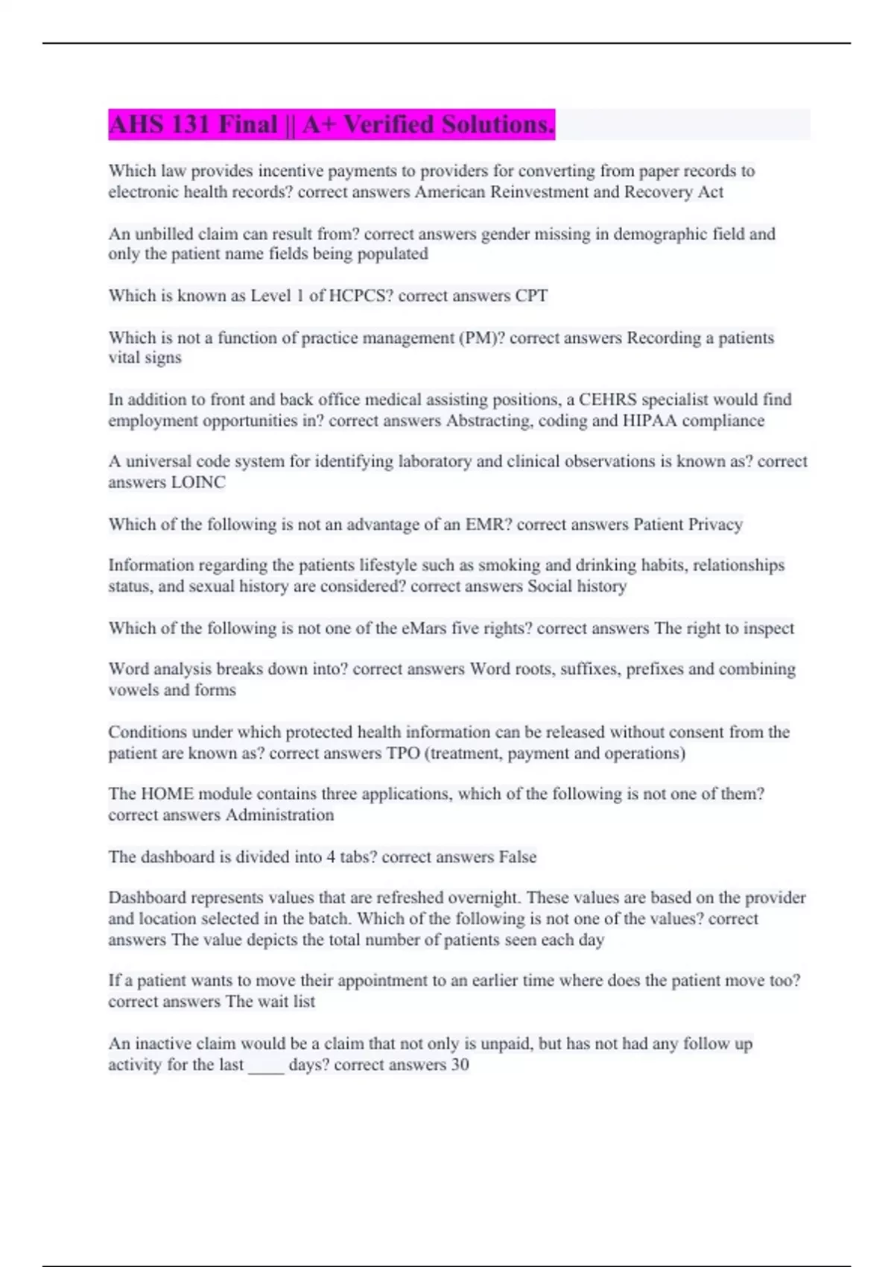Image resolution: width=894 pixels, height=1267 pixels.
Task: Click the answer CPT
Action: tap(531, 296)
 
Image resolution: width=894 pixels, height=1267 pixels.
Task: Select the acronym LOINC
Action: tap(198, 482)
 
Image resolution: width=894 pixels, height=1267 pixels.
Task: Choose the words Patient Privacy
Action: tap(688, 525)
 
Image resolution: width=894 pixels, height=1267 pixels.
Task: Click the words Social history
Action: tap(577, 587)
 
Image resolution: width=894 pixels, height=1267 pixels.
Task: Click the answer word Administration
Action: tap(279, 815)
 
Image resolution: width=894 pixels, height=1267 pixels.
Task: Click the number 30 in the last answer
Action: tap(460, 1065)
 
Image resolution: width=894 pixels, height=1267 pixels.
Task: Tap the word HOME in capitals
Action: tap(167, 794)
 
